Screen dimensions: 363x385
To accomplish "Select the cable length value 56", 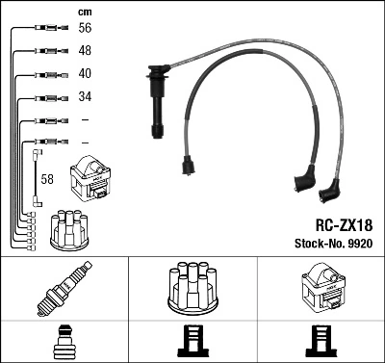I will tap(84, 30).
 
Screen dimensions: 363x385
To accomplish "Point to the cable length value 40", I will tap(84, 74).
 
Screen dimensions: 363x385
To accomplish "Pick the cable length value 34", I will tap(84, 97).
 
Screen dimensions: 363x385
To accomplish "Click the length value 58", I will tap(46, 180).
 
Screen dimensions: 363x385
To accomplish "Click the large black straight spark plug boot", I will tap(153, 101).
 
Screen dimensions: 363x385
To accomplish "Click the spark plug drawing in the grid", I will tap(64, 290).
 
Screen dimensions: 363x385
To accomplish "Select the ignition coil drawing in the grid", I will tap(321, 288).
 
